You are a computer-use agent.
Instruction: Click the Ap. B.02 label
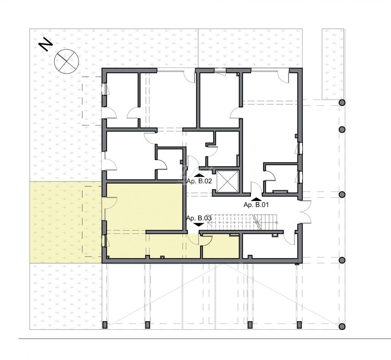click(x=199, y=181)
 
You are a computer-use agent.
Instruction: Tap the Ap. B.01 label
click(x=256, y=205)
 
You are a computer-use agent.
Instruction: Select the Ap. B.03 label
click(x=199, y=218)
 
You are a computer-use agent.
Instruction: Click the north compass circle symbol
click(x=66, y=62)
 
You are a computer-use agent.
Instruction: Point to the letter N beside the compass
click(x=46, y=44)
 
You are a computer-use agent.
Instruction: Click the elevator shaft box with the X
click(x=227, y=182)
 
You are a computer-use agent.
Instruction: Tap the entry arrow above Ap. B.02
click(x=199, y=175)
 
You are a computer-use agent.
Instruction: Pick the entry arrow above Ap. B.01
click(x=256, y=199)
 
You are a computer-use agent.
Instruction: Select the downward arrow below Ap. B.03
click(x=199, y=224)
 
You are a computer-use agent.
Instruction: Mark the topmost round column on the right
click(x=342, y=103)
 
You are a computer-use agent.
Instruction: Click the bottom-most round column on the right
click(x=342, y=327)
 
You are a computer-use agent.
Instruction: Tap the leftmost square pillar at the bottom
click(x=105, y=325)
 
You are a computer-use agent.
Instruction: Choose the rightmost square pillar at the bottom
click(x=299, y=325)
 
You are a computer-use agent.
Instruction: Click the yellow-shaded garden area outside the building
click(x=66, y=222)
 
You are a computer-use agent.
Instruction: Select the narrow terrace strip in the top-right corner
click(x=333, y=64)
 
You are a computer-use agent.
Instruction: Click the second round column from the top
click(x=342, y=130)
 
